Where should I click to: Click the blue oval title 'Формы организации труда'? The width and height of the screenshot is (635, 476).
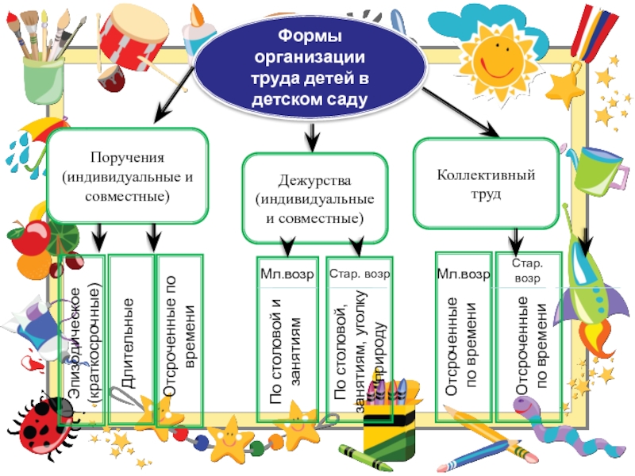pyautogui.click(x=310, y=68)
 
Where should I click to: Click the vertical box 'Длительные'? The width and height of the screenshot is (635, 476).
pyautogui.click(x=129, y=341)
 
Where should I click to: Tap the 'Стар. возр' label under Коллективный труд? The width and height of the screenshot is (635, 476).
pyautogui.click(x=528, y=271)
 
